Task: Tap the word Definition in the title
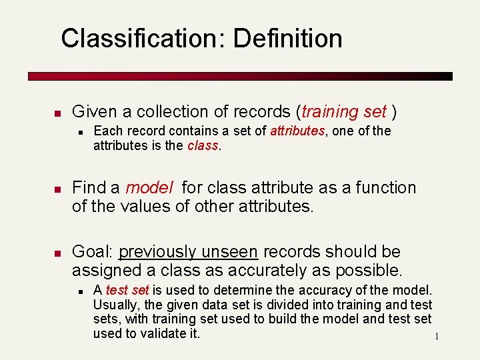288,39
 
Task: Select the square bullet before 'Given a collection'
57,112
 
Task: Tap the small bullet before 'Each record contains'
80,131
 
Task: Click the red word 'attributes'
297,131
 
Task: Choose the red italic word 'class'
202,145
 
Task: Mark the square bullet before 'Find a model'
57,189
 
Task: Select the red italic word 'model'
149,188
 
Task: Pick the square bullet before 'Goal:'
57,253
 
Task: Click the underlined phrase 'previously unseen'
188,252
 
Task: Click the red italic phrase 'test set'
127,291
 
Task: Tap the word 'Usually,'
115,305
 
